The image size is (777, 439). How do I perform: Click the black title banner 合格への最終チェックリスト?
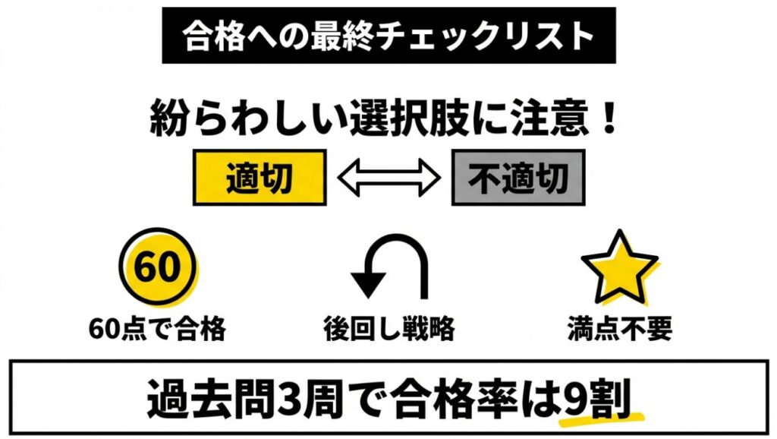[388, 35]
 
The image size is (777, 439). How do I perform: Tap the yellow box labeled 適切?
[260, 178]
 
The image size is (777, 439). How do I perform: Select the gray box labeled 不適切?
[518, 178]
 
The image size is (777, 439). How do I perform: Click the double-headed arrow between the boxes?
[389, 178]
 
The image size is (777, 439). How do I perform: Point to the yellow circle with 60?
[158, 267]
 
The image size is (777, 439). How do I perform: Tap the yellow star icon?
[620, 268]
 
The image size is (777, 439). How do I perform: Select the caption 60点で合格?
[158, 329]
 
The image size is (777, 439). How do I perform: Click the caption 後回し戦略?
[389, 329]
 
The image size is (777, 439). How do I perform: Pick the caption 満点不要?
[620, 329]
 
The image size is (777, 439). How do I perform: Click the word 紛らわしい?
[249, 118]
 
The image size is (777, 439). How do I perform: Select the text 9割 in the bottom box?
[597, 398]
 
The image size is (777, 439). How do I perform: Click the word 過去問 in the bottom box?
[212, 398]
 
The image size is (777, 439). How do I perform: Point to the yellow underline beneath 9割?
[601, 419]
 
